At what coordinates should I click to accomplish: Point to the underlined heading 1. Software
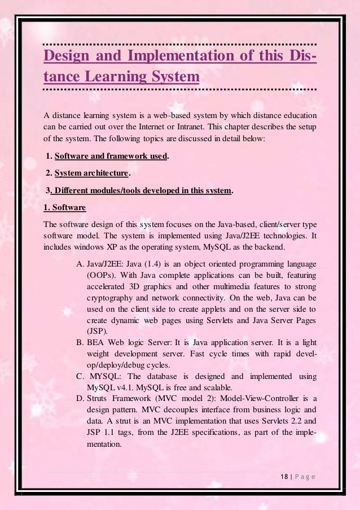click(x=65, y=207)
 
